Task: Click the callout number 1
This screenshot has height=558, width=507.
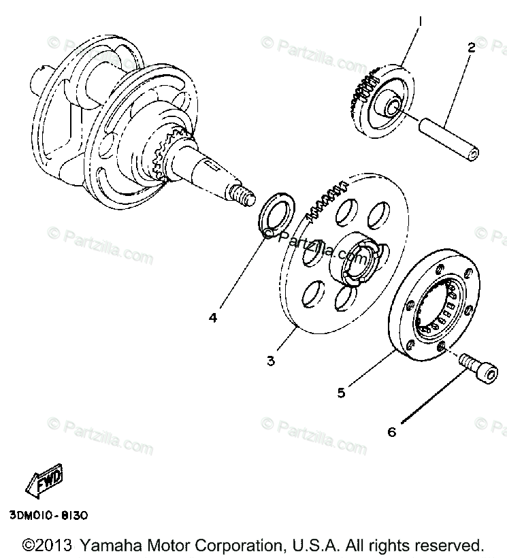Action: [420, 23]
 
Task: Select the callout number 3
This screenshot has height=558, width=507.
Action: [271, 361]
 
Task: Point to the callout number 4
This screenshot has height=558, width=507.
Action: [213, 318]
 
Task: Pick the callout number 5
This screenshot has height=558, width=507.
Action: [341, 392]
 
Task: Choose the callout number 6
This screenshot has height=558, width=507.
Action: [392, 431]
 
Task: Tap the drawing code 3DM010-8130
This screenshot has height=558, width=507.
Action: [48, 514]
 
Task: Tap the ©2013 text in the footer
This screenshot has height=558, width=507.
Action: [48, 545]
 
